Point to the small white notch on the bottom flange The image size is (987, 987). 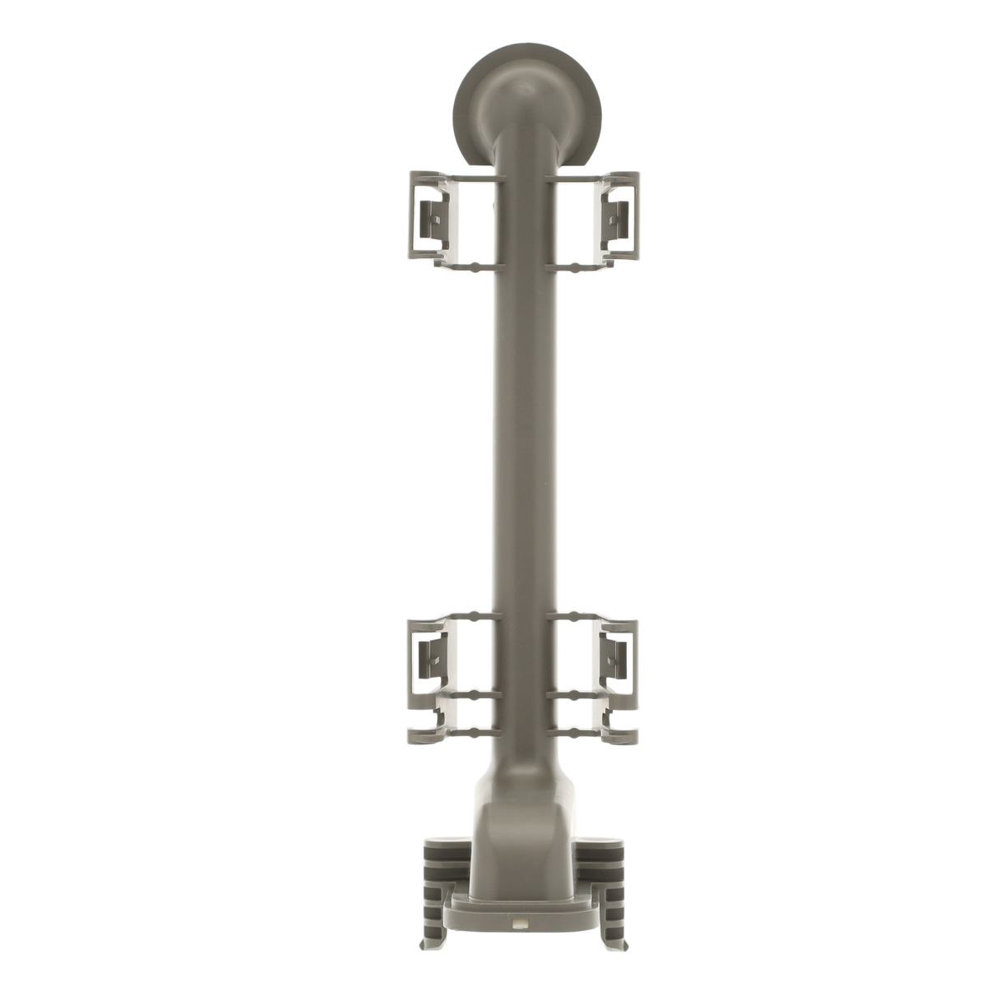click(519, 924)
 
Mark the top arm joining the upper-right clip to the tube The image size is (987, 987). click(575, 178)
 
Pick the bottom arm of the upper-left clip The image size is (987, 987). click(472, 266)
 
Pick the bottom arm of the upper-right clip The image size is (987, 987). click(575, 266)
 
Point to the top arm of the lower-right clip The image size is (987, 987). click(575, 616)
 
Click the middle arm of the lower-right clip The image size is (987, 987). click(577, 696)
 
